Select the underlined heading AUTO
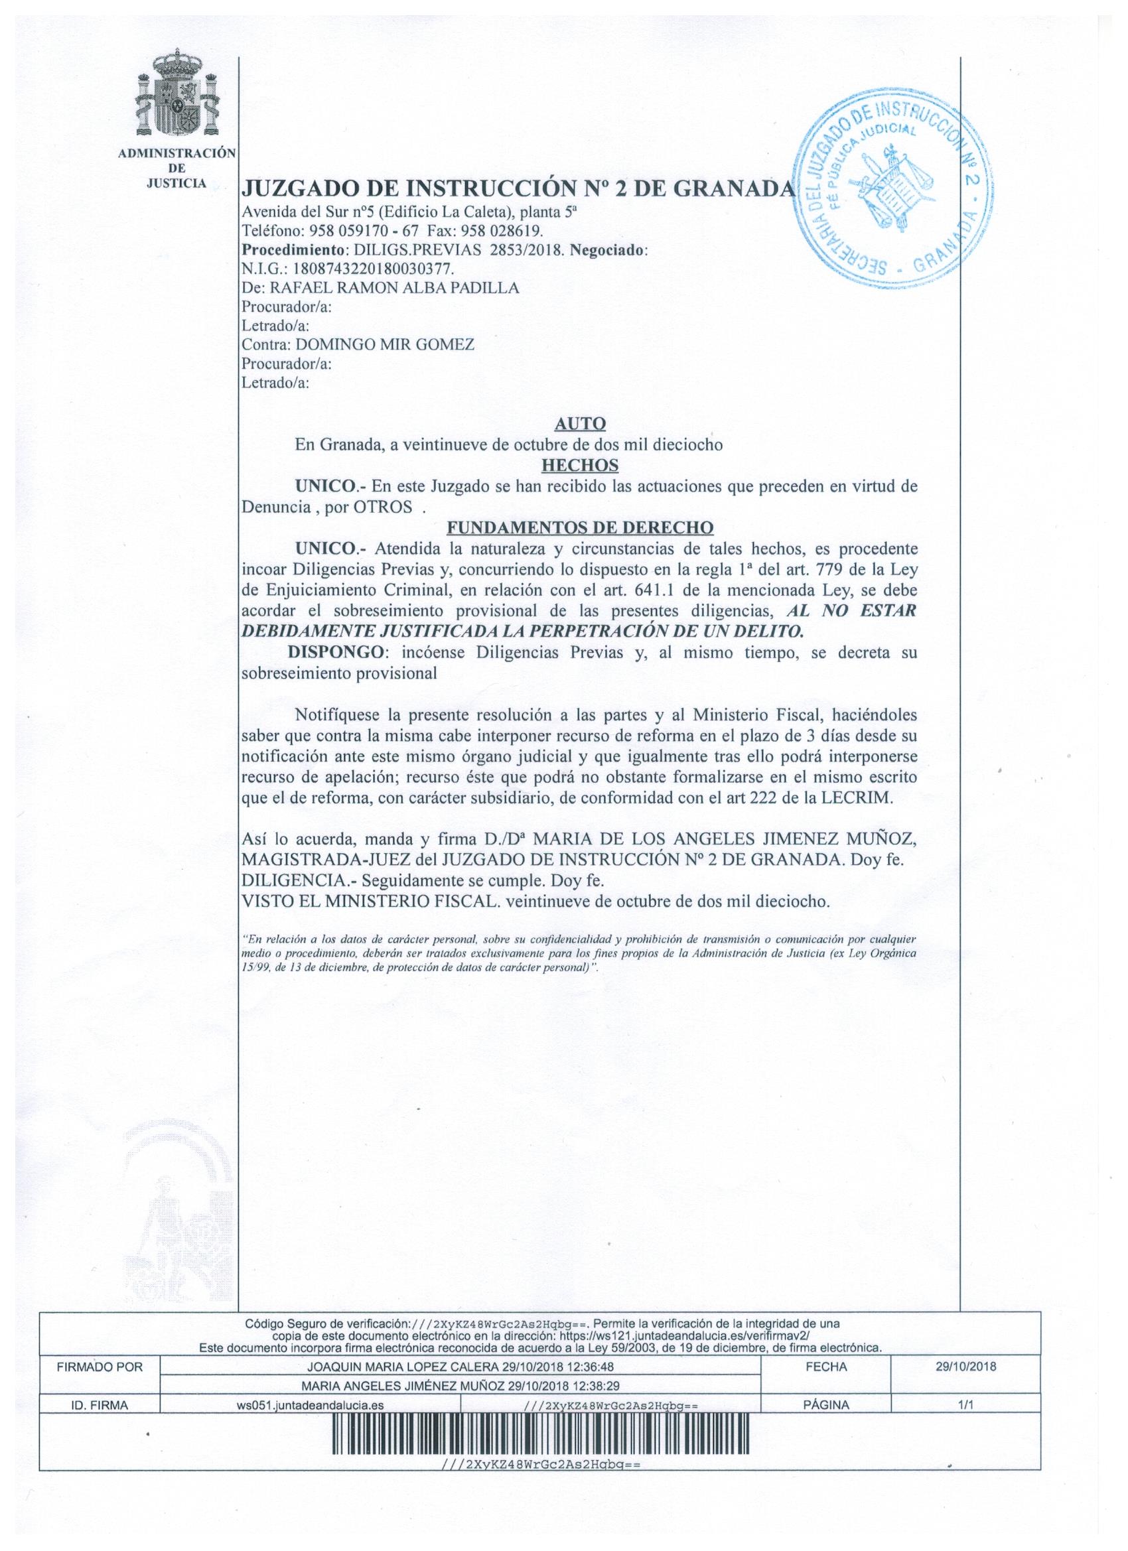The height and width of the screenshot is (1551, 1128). pyautogui.click(x=579, y=425)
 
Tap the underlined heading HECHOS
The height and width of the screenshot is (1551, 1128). pyautogui.click(x=579, y=466)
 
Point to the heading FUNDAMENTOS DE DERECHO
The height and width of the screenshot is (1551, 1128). pyautogui.click(x=579, y=528)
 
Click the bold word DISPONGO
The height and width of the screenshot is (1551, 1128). pyautogui.click(x=336, y=652)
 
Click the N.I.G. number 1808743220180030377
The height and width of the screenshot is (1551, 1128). pyautogui.click(x=366, y=269)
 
